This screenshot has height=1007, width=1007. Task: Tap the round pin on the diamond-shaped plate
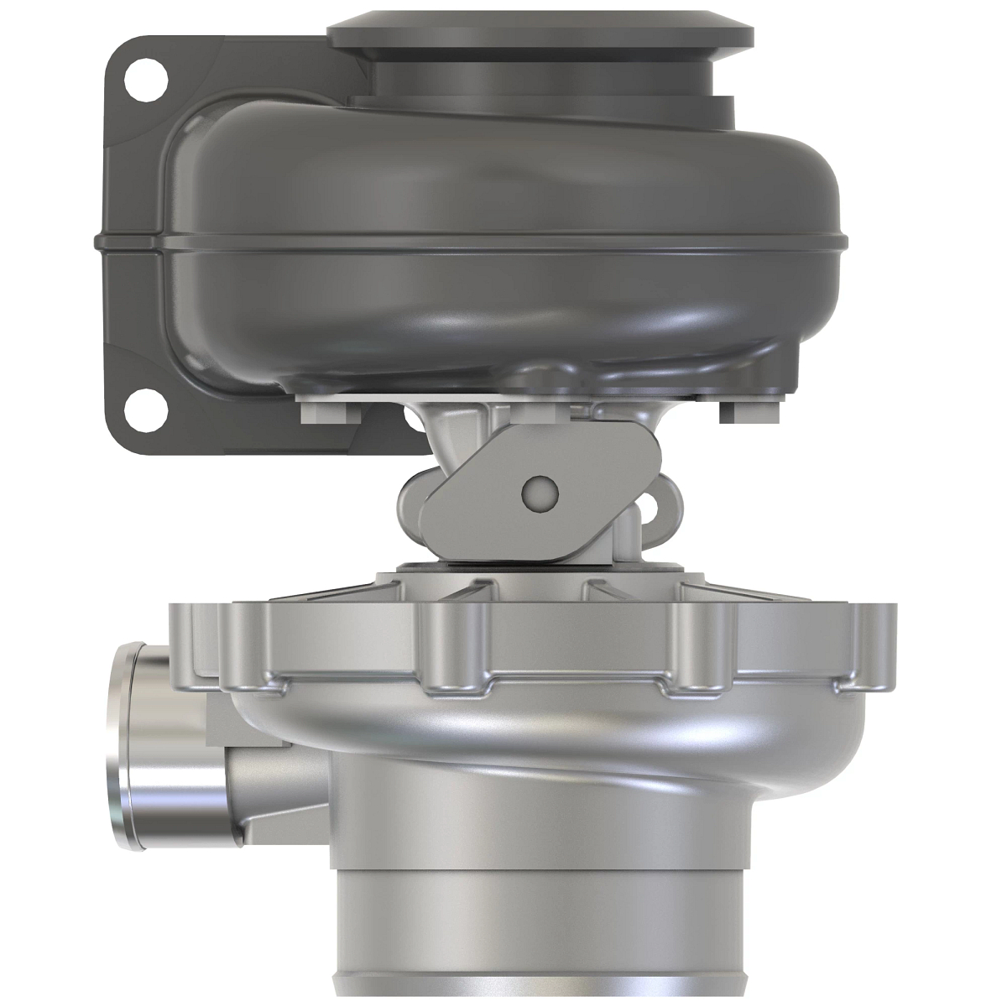click(x=538, y=493)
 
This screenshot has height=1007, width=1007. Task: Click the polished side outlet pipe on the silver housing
click(x=168, y=747)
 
